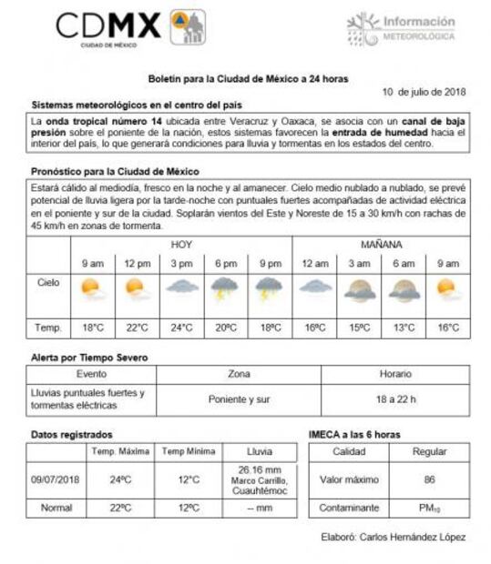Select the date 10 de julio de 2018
[425, 92]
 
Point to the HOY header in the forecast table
[181, 245]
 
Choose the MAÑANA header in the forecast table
[381, 245]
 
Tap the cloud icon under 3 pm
[181, 287]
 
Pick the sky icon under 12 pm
[136, 289]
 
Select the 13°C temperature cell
[404, 327]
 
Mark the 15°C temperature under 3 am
[359, 327]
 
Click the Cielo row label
[49, 283]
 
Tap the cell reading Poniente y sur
[238, 398]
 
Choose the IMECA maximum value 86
[429, 478]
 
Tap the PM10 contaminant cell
[429, 507]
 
